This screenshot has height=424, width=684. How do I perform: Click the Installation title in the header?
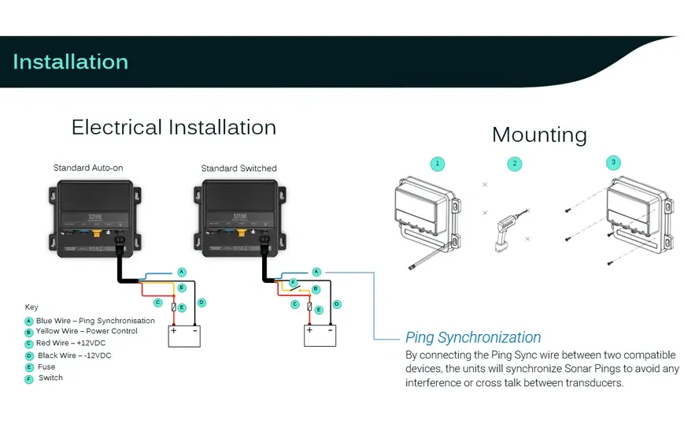pos(70,62)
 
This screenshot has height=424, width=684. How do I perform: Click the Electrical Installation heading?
pos(173,128)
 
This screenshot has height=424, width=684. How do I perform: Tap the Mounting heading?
pos(539,135)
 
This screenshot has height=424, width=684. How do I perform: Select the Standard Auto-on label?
pos(88,168)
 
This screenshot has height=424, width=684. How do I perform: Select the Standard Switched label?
pos(238,169)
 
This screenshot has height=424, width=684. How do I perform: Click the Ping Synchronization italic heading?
pos(473,338)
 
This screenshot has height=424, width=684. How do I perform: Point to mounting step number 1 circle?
pos(438,164)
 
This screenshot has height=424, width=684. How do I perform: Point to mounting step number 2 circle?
pos(515,164)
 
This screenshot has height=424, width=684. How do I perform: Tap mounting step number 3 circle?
pos(614,162)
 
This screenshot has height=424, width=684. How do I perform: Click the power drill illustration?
pos(505,229)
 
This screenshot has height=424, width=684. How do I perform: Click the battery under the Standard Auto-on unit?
pos(184,336)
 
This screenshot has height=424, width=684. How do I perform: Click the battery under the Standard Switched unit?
pos(320,336)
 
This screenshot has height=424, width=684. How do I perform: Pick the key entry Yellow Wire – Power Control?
pos(87,332)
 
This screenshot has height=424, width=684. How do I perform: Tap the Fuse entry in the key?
pos(46,366)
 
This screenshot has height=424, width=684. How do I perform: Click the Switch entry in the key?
pos(50,378)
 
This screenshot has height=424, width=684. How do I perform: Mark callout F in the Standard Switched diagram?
pos(292,282)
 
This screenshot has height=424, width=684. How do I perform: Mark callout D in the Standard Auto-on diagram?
pos(202,302)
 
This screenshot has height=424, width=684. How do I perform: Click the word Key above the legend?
pos(31,307)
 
